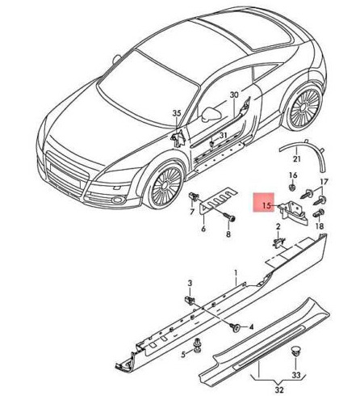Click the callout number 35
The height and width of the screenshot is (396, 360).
(177, 113)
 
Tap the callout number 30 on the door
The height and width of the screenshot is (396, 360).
(234, 95)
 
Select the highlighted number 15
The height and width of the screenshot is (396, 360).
(266, 206)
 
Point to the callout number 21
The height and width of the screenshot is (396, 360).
(296, 159)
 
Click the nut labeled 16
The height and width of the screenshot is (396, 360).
(292, 187)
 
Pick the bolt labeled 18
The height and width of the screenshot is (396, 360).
(318, 213)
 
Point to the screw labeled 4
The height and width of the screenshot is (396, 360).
(235, 326)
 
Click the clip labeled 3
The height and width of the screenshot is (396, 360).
(190, 300)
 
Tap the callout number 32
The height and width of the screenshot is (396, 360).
(279, 390)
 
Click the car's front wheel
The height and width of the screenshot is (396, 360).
(165, 185)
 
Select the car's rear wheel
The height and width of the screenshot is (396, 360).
(304, 107)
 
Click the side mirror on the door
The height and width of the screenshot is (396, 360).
(211, 114)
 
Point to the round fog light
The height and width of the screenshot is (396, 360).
(117, 200)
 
